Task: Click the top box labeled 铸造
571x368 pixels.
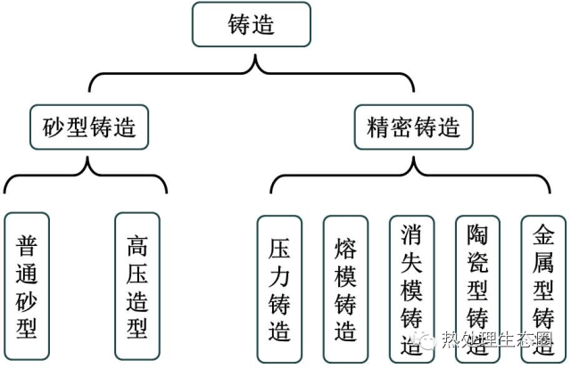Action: (252, 24)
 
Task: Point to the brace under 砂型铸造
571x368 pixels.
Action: (86, 174)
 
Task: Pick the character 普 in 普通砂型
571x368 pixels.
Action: (27, 243)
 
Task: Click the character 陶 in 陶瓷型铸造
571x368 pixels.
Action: (477, 234)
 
